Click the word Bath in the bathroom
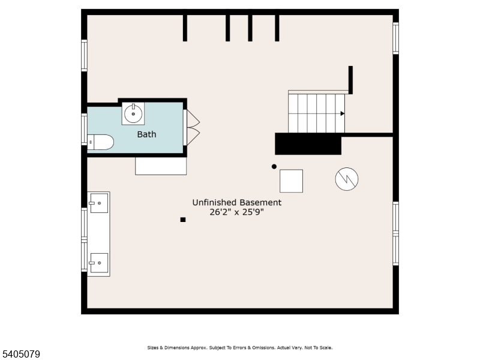[x=146, y=134]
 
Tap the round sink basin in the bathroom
[x=133, y=113]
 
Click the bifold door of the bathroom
[x=193, y=127]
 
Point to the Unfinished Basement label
[x=236, y=203]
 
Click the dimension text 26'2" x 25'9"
[x=236, y=213]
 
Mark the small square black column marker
[x=183, y=220]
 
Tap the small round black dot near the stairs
[x=274, y=166]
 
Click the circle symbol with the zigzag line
[x=347, y=179]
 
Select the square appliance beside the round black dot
[x=291, y=181]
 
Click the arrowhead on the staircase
[x=343, y=113]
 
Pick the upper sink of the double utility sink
[x=98, y=203]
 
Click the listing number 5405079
[x=21, y=355]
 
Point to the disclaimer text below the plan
[x=239, y=347]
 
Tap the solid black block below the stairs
[x=308, y=144]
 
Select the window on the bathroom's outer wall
[x=84, y=130]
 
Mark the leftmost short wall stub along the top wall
[x=185, y=28]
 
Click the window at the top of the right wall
[x=395, y=38]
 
